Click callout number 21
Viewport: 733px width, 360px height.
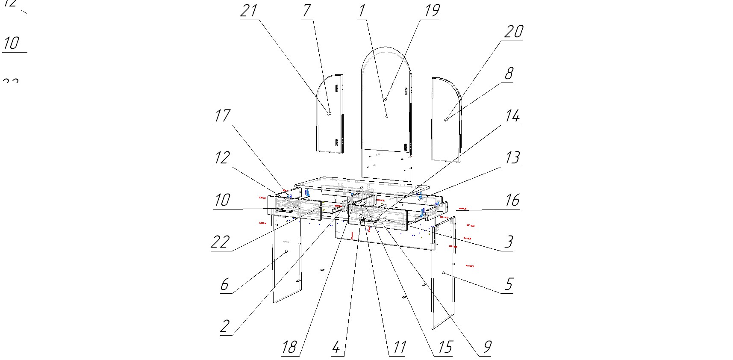[x=249, y=11]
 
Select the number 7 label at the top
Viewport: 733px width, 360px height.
[x=306, y=11]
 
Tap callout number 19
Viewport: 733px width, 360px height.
[x=432, y=11]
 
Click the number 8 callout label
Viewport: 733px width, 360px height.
[x=509, y=74]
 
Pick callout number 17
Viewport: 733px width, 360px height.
[x=222, y=116]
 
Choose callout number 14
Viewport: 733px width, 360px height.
[x=512, y=116]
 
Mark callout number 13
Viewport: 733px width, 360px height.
[x=512, y=158]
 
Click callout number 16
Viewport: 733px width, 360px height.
[x=512, y=200]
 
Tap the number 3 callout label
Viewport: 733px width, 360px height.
[x=509, y=242]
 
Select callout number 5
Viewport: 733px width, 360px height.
[x=509, y=284]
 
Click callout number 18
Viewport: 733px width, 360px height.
[x=289, y=347]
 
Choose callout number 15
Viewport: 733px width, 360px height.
[x=445, y=347]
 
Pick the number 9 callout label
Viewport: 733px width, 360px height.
[x=487, y=347]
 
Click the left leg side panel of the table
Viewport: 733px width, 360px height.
[x=286, y=261]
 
